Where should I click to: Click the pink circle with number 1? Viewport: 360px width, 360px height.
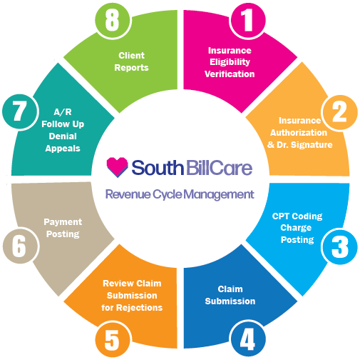coord(248,20)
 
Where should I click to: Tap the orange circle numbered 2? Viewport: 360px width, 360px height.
coord(339,112)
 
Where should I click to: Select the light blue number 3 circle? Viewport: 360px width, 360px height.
coord(339,247)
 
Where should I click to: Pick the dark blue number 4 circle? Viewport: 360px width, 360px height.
coord(248,339)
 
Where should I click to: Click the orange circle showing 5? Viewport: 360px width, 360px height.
coord(113,339)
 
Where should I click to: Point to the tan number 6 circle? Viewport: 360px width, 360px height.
coord(21,246)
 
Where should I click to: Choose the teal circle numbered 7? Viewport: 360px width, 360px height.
coord(20,111)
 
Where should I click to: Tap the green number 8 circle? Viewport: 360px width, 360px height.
coord(113,20)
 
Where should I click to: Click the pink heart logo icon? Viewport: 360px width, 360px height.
coord(117,167)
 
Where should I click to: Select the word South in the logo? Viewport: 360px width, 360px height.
coord(158,168)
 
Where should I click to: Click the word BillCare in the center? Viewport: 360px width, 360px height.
coord(219,168)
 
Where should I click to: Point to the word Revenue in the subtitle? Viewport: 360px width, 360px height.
coord(128,194)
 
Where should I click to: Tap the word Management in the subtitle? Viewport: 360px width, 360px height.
coord(219,195)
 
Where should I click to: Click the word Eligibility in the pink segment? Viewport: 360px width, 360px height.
coord(230,62)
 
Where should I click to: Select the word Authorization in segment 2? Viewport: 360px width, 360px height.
coord(299,133)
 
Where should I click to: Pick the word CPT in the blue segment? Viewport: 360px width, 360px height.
coord(281,216)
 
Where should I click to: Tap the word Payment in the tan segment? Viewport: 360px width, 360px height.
coord(63,222)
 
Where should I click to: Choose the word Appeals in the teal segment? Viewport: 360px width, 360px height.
coord(63,149)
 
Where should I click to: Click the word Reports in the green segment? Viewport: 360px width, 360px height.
coord(131,68)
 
